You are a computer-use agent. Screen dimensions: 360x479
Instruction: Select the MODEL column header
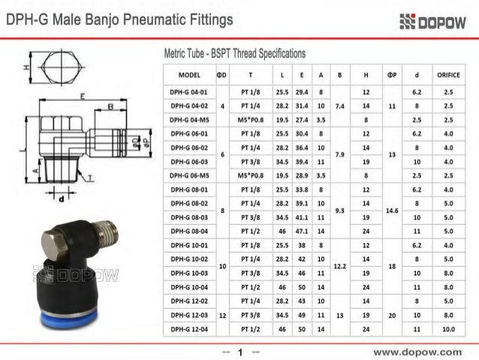184,76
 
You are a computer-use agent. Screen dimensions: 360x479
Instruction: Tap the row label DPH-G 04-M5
184,119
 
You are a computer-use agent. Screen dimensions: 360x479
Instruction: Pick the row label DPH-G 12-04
184,329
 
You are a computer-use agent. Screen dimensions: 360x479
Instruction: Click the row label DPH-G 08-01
184,189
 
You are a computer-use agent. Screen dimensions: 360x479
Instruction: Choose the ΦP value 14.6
392,210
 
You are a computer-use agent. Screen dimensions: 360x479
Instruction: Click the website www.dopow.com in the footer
418,351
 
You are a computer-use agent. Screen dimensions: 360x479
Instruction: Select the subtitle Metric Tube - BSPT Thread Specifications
234,54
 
